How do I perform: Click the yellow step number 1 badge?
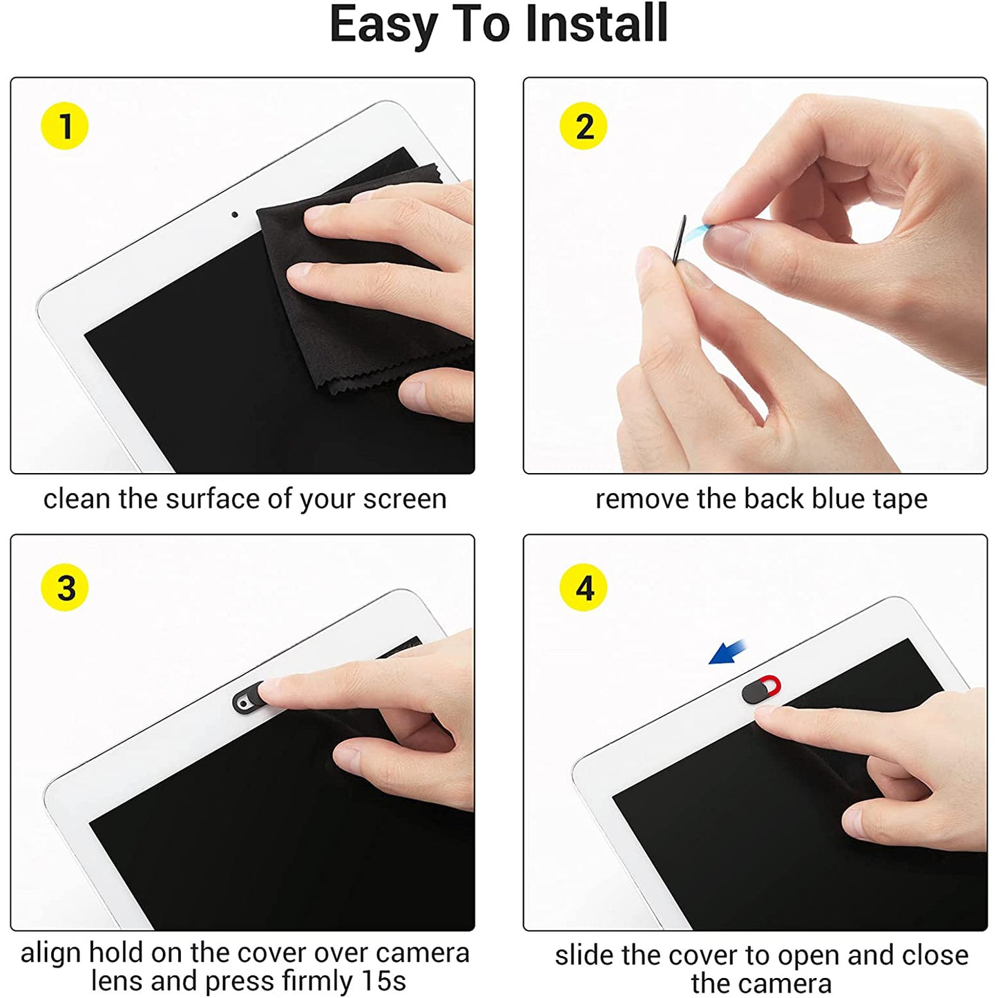pyautogui.click(x=65, y=126)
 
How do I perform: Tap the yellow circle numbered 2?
pyautogui.click(x=584, y=126)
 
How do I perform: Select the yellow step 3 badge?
pyautogui.click(x=65, y=588)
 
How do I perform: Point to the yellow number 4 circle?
pyautogui.click(x=584, y=588)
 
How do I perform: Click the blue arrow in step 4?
pyautogui.click(x=728, y=651)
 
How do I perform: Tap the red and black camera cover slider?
pyautogui.click(x=760, y=690)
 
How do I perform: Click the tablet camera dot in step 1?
pyautogui.click(x=235, y=215)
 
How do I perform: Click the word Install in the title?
pyautogui.click(x=596, y=24)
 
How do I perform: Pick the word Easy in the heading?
pyautogui.click(x=383, y=24)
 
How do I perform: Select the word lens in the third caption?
pyautogui.click(x=117, y=981)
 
